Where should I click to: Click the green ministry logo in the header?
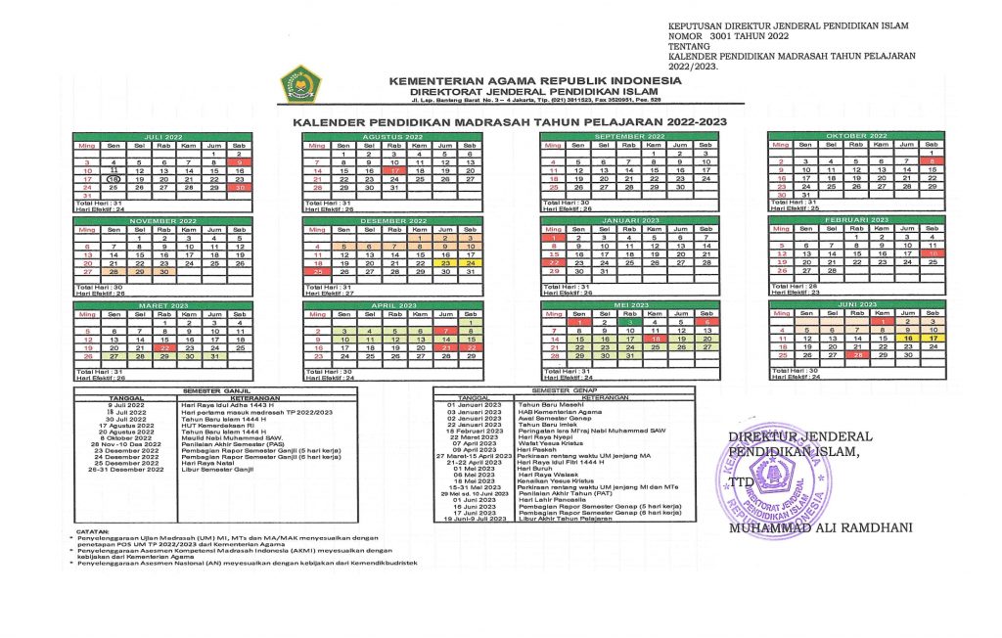click(295, 80)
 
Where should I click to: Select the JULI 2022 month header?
click(163, 137)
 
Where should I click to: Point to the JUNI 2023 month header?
click(856, 305)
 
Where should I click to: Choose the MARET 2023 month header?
click(163, 306)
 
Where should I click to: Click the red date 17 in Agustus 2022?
click(394, 170)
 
